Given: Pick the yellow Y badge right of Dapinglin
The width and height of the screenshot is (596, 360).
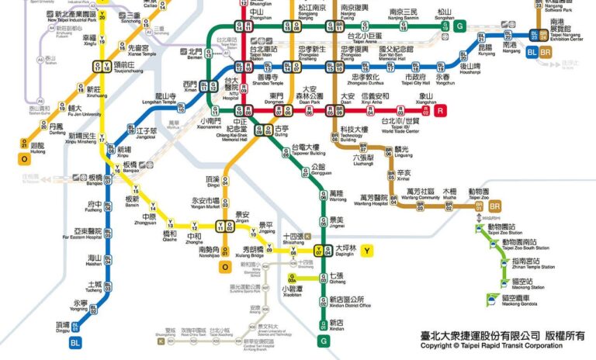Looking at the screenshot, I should click(367, 250).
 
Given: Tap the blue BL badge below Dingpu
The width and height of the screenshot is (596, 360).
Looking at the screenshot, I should click(75, 341).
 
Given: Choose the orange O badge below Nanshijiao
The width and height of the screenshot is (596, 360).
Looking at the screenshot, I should click(224, 267).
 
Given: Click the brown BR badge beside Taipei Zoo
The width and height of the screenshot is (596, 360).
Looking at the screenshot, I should click(494, 206).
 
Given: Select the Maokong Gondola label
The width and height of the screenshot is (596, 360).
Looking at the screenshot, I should click(517, 299).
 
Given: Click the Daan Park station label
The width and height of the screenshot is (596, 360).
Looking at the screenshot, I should click(310, 95).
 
